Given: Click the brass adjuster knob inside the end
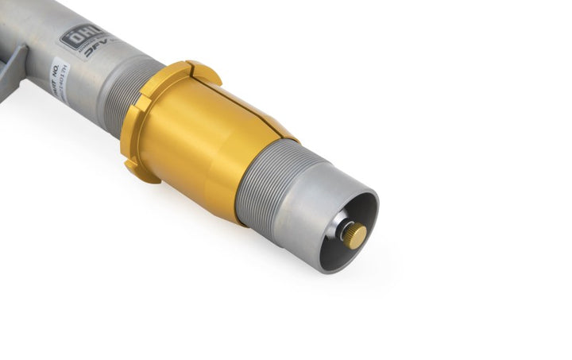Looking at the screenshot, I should (x=355, y=234).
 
